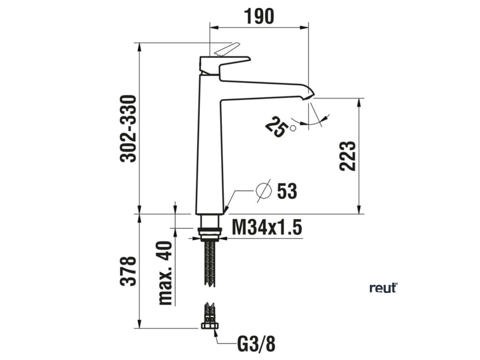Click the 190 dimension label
point(258,16)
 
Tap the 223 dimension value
point(348,155)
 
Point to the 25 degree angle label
point(276,127)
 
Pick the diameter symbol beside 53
point(264,191)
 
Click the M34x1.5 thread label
point(266,228)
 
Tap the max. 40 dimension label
point(165,273)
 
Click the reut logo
point(383,287)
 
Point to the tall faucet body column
point(209,150)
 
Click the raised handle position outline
point(226,48)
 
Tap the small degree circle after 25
point(293,127)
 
